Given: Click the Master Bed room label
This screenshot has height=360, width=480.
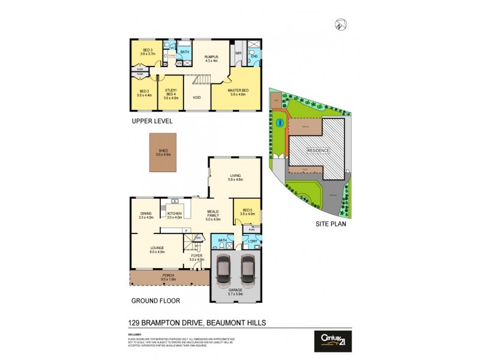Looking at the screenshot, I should [x=238, y=92].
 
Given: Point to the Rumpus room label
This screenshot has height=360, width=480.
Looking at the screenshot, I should [x=211, y=58].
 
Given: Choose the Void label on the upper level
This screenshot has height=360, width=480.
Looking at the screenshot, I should [x=196, y=97].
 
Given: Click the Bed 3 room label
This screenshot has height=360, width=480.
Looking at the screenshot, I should [x=147, y=51].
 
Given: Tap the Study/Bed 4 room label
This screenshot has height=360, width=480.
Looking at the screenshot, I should [x=172, y=93].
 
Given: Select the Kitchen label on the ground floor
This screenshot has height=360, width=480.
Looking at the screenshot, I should [x=175, y=215].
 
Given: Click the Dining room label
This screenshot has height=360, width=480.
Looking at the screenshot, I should [x=146, y=215].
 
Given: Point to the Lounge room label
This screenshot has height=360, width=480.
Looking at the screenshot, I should [x=158, y=250].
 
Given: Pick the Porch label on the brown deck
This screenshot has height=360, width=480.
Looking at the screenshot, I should [x=168, y=277].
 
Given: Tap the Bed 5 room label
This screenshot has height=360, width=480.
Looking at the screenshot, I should [x=247, y=211].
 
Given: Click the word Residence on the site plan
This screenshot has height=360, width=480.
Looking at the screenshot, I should [x=318, y=150].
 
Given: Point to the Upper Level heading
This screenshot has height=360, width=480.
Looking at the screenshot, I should [x=152, y=121].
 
